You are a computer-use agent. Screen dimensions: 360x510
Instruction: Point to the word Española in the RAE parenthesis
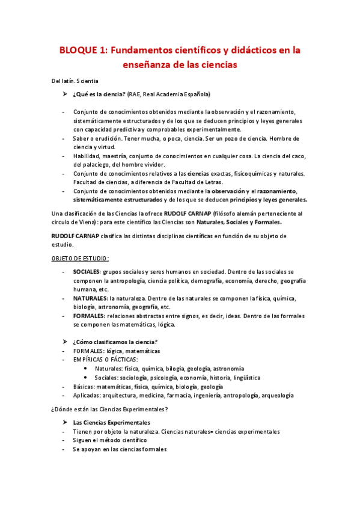click(194, 94)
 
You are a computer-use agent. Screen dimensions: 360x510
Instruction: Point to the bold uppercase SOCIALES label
click(87, 272)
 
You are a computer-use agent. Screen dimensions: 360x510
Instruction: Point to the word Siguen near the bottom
click(84, 440)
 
